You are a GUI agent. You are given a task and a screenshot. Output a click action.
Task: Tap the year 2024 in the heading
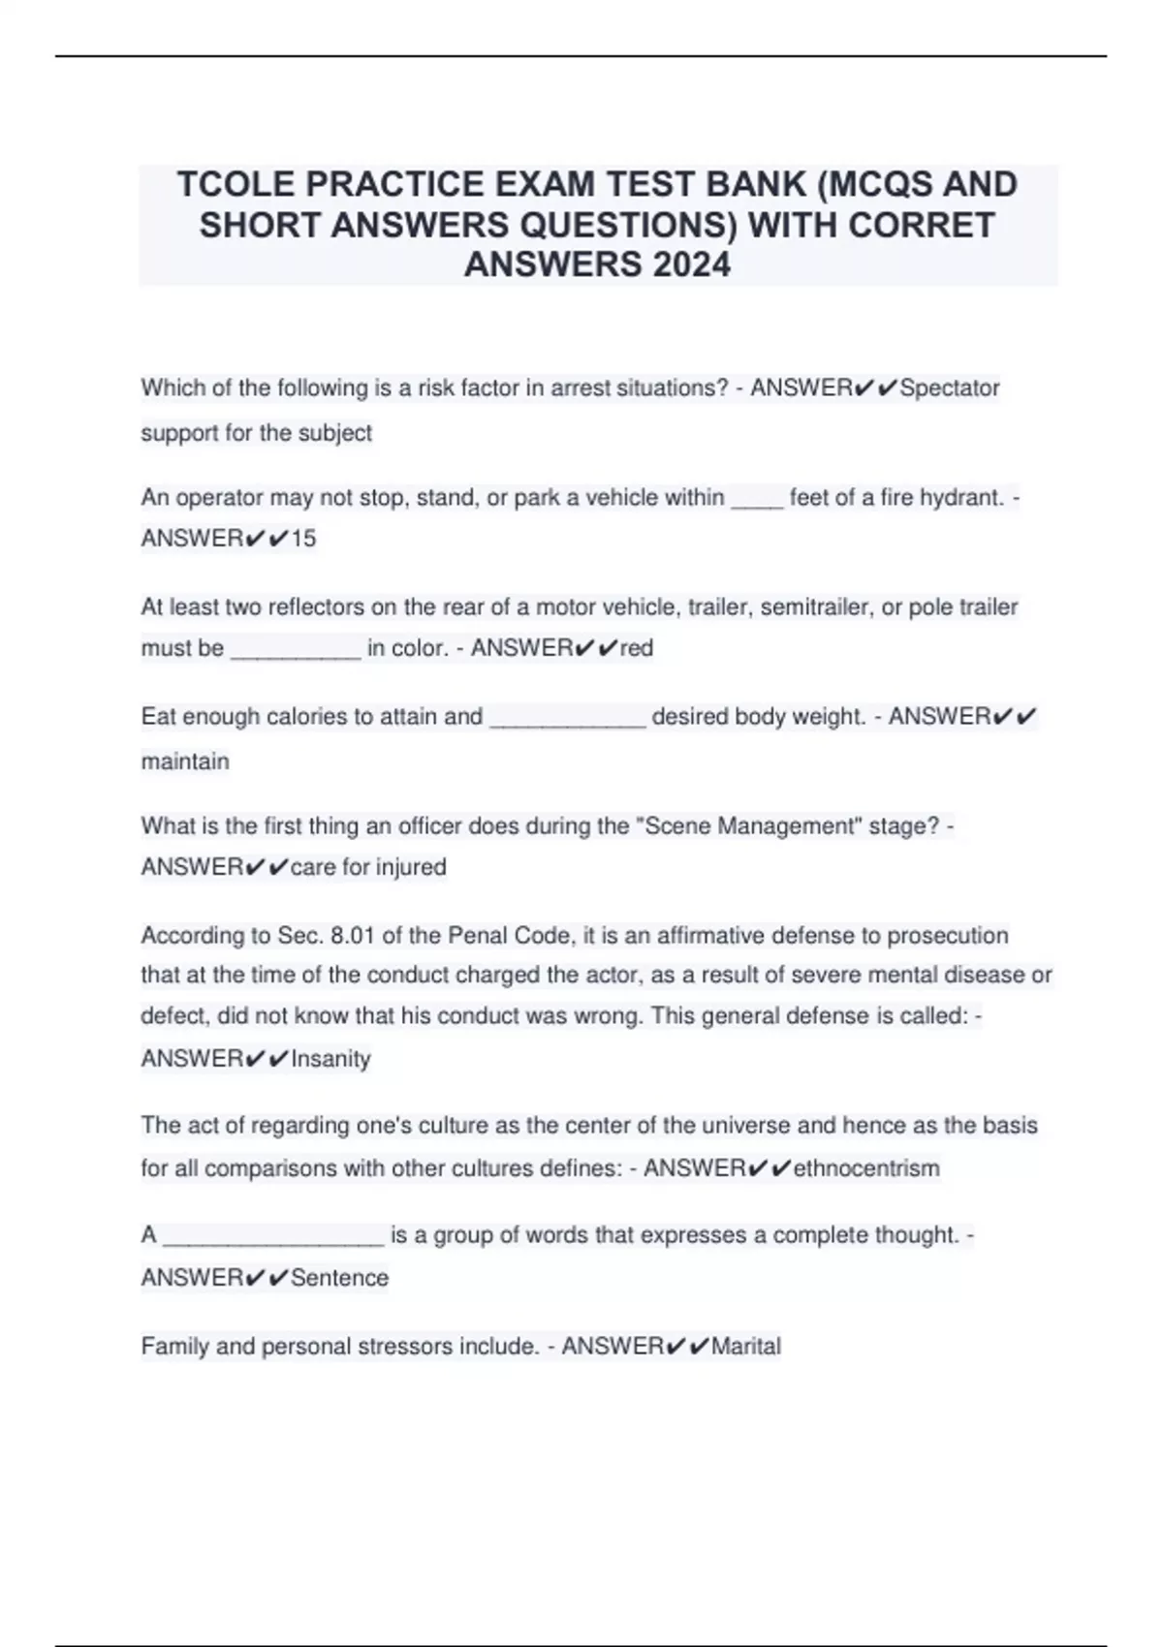pyautogui.click(x=692, y=264)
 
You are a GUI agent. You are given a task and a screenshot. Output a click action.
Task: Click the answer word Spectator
pyautogui.click(x=950, y=388)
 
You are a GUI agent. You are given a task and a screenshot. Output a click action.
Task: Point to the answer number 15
pyautogui.click(x=303, y=538)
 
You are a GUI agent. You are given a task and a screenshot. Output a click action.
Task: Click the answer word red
pyautogui.click(x=637, y=647)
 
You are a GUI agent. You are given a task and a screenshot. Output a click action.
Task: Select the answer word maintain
pyautogui.click(x=185, y=761)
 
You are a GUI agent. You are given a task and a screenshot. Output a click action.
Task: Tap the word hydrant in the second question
pyautogui.click(x=960, y=497)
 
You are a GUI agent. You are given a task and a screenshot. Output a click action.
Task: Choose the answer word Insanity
pyautogui.click(x=330, y=1058)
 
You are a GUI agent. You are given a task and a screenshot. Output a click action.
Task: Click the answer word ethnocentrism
pyautogui.click(x=866, y=1167)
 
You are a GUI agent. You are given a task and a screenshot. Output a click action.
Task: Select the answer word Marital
pyautogui.click(x=745, y=1346)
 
